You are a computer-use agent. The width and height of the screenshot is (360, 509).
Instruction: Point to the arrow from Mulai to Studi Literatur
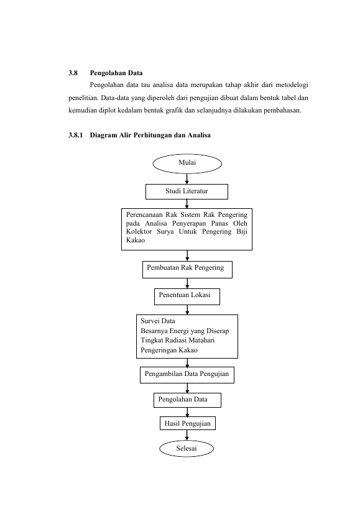(187, 179)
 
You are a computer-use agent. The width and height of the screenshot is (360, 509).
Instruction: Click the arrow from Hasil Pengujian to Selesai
(187, 435)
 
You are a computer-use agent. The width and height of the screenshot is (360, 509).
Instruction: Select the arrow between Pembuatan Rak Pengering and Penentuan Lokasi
(187, 283)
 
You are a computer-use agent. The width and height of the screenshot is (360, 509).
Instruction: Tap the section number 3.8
(73, 73)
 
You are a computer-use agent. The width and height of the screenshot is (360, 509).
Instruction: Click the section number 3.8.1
(76, 135)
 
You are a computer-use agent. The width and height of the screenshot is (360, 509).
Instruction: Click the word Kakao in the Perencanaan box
(136, 241)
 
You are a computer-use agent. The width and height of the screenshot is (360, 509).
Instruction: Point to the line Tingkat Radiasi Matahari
(178, 340)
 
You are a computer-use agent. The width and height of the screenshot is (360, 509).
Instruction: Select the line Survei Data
(158, 321)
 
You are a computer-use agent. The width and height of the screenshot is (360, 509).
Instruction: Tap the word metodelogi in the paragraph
(292, 85)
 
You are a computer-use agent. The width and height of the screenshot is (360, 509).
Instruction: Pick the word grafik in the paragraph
(174, 111)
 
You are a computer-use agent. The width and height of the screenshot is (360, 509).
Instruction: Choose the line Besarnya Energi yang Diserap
(185, 331)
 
